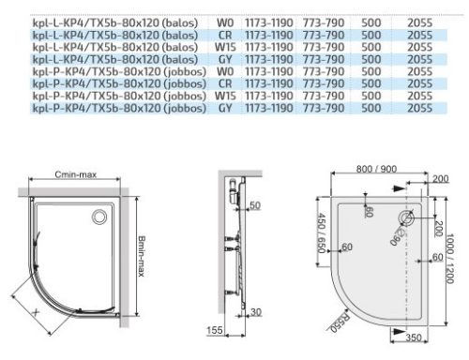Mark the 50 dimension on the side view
tap(255, 204)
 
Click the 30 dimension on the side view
tap(255, 312)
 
